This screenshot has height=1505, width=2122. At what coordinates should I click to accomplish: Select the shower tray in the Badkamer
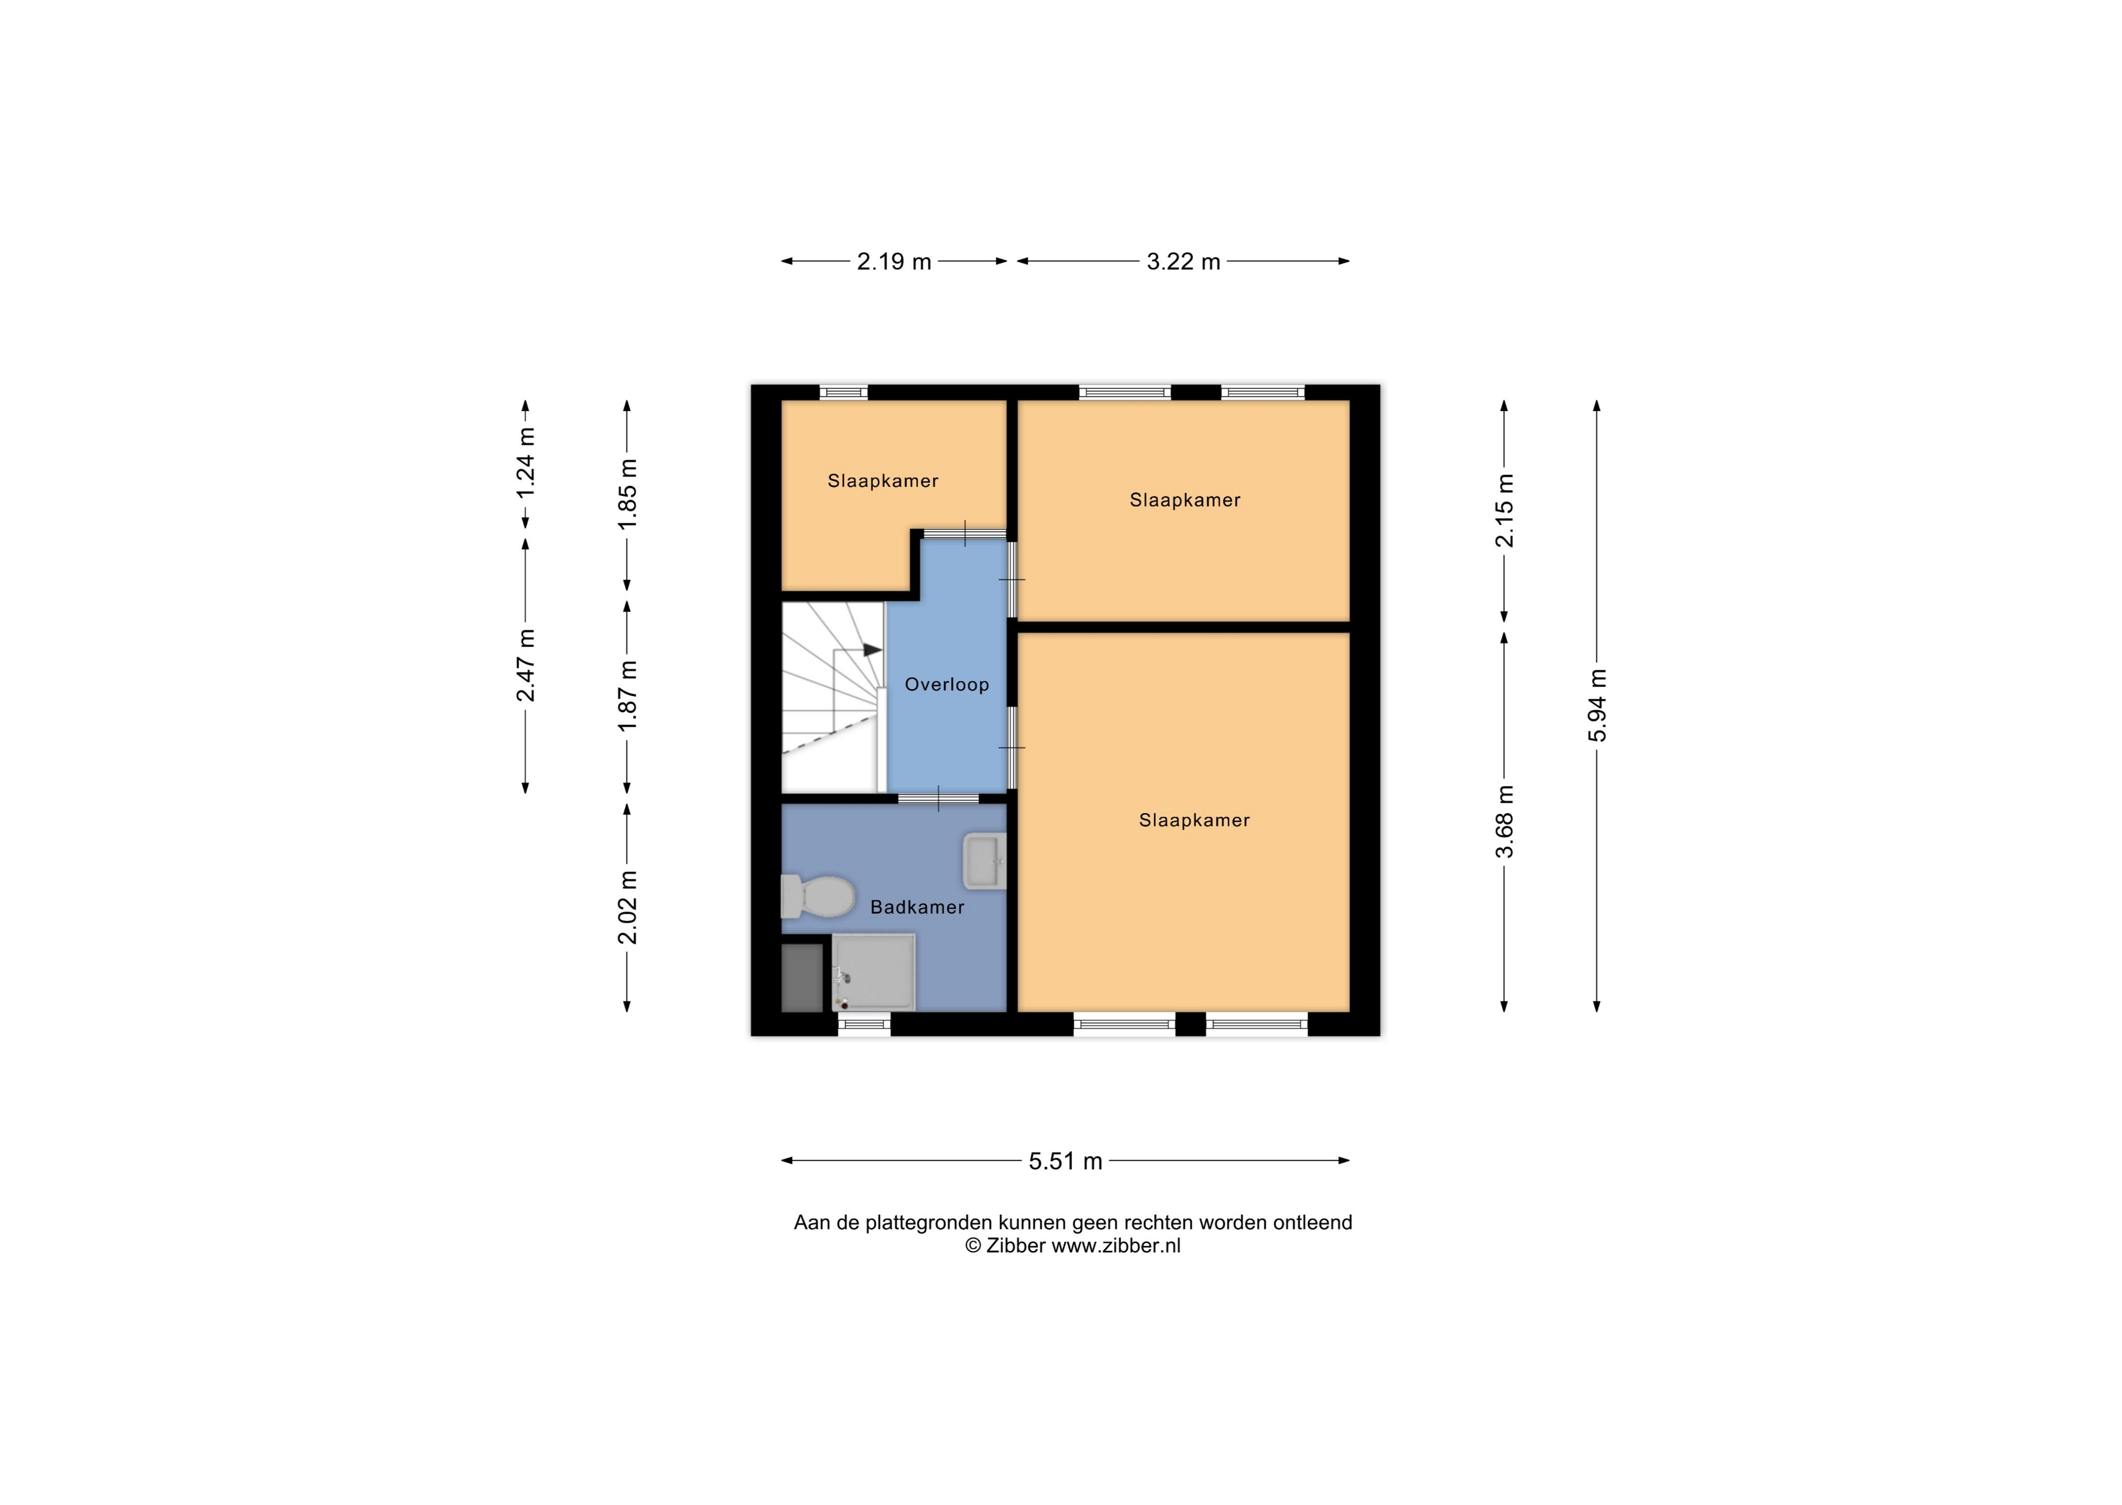pos(873,972)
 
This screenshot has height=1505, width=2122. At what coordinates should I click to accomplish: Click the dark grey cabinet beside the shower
pos(802,978)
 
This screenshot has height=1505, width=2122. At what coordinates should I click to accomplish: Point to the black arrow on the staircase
pos(872,650)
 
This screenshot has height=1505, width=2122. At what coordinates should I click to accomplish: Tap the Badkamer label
pos(917,907)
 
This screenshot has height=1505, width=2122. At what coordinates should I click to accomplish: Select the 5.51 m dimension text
pos(1066,1161)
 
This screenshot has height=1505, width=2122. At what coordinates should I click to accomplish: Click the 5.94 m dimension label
pos(1597,705)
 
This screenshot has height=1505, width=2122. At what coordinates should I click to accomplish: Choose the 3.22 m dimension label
pos(1184,261)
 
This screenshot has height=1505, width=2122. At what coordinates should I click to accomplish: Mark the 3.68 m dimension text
pos(1505,821)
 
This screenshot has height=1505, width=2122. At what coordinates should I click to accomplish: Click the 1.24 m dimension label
pos(526,462)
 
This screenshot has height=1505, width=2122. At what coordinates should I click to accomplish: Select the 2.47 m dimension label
pos(526,665)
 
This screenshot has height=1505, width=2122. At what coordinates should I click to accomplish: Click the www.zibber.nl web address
pos(1116,1246)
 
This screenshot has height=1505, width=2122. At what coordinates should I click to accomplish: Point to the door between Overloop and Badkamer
pos(938,798)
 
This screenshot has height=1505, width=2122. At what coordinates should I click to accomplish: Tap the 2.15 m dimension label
pos(1505,510)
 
